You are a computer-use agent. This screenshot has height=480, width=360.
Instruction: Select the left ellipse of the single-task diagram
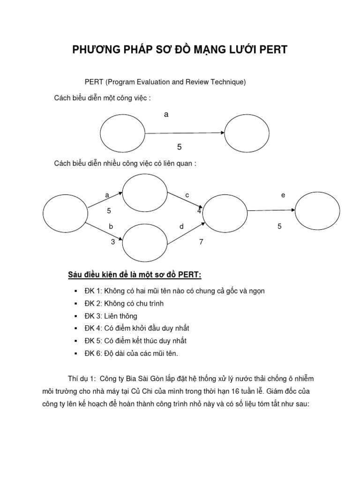coord(122,134)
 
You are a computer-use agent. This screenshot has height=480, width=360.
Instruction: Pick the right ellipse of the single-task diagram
coord(247,133)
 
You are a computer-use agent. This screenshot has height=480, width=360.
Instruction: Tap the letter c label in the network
coord(187,195)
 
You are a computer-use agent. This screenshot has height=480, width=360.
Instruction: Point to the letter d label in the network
coord(181,226)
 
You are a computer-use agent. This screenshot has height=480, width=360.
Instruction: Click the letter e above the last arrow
coord(283,195)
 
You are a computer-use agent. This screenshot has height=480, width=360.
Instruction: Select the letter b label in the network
coord(111,226)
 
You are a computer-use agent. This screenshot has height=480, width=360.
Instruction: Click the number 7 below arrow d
coord(202,242)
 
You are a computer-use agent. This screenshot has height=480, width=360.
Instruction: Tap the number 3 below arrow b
coord(112,242)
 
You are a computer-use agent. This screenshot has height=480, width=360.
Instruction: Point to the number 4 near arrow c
coord(199,211)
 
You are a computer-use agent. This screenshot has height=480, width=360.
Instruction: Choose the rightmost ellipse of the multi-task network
coord(317,211)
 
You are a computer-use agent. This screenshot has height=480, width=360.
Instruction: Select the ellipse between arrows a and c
coord(144,193)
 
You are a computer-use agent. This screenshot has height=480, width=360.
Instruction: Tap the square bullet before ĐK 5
coord(75,341)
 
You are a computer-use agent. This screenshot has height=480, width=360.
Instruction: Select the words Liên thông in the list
coord(121,316)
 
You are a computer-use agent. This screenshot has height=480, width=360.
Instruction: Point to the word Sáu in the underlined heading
coord(76,274)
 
